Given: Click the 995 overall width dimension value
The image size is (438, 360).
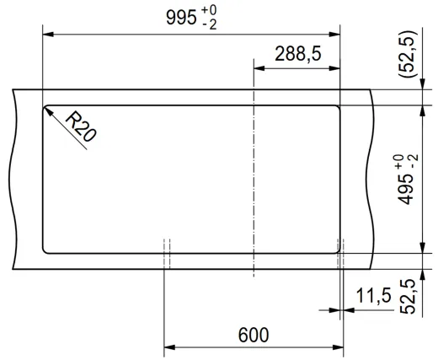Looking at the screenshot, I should click(181, 19).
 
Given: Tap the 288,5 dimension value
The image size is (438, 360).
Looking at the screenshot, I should click(297, 54).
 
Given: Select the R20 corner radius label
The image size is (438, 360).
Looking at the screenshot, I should click(80, 128).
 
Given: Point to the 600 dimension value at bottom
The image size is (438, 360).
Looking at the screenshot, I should click(253, 335).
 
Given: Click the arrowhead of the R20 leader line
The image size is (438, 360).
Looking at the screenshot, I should click(47, 109).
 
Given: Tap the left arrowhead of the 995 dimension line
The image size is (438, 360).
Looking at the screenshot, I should click(47, 34).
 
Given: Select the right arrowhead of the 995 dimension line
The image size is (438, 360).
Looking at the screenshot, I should click(337, 34).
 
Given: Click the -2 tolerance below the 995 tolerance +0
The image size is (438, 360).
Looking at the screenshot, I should click(210, 26).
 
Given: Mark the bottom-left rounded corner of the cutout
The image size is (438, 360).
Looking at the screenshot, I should click(45, 250).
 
